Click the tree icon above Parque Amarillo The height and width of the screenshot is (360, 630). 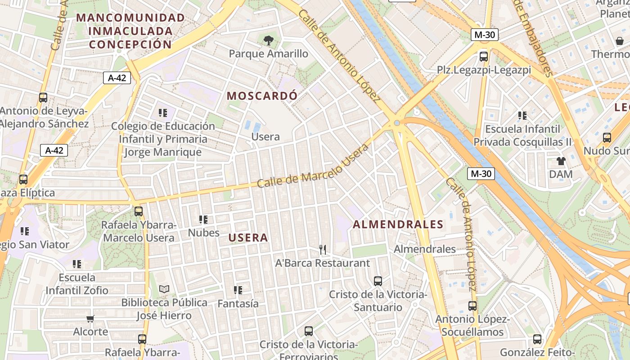click(269, 40)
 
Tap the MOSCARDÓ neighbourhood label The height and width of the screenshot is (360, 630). click(262, 96)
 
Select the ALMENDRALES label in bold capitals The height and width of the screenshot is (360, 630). click(398, 224)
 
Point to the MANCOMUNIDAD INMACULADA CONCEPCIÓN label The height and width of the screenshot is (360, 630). click(130, 31)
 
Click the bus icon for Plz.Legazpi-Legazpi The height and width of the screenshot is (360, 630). click(484, 56)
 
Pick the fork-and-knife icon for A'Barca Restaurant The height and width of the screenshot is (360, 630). click(322, 249)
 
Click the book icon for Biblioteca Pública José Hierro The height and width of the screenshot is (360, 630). click(164, 289)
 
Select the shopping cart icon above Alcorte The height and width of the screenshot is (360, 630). click(90, 319)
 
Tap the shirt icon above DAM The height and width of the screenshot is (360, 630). click(561, 161)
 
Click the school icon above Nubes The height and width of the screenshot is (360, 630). click(203, 220)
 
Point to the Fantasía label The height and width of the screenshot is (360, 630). click(238, 304)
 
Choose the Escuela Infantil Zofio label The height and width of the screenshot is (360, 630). click(77, 283)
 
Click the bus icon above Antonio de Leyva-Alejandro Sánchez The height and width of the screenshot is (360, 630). click(43, 97)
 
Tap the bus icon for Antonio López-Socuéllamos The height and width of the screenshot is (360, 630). click(472, 306)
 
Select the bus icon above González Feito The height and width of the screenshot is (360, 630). click(537, 339)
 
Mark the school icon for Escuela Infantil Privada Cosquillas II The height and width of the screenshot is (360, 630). click(522, 116)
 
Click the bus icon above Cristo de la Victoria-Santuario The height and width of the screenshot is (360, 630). click(378, 281)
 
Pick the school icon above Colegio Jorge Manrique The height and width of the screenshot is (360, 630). click(162, 112)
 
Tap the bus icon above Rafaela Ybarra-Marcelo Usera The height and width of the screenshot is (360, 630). click(139, 211)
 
